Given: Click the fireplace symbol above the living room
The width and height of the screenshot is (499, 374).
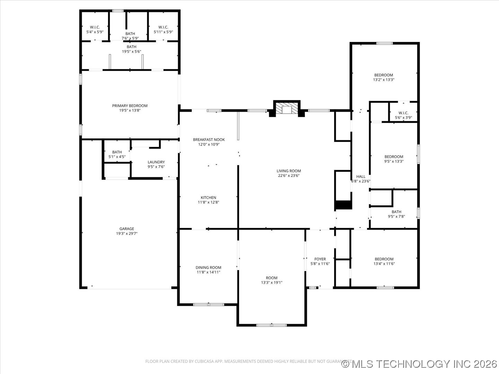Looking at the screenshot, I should pos(287,109).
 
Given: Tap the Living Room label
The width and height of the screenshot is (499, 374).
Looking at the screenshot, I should pos(289,171).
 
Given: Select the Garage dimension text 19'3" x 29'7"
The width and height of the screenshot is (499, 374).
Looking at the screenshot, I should pos(127,234).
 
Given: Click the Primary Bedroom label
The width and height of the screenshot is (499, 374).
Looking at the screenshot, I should pos(130,106).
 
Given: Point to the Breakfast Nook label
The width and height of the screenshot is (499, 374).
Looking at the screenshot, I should pos(209,140).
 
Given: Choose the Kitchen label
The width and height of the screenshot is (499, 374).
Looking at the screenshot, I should pos(208,198).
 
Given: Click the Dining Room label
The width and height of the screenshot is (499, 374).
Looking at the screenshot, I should pos(208,267).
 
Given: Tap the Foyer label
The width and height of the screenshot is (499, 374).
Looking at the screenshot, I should pos(320,259).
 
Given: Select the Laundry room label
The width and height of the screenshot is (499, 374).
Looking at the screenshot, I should pos(156,162).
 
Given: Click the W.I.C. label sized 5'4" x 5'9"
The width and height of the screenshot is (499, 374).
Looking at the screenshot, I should pos(95,27).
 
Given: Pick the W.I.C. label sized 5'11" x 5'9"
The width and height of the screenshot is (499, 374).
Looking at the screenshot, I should pos(163,27).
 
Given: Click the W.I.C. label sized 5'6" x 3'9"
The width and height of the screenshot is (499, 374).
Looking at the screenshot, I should pos(403,113).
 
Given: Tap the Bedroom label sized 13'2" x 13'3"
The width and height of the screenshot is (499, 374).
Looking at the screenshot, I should pos(384,75).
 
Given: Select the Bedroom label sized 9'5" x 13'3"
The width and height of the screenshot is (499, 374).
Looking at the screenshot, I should pos(394,157).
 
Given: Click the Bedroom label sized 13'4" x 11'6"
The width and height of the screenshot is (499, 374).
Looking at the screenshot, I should pos(384,259).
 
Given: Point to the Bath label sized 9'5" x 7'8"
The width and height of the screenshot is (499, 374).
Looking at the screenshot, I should pos(396,212).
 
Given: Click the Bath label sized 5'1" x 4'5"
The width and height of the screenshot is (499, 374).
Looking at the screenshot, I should pos(117,152).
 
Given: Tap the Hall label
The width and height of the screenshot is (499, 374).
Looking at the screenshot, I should pos(361,177).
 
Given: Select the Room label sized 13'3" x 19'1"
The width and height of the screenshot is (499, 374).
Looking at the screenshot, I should pos(272,278).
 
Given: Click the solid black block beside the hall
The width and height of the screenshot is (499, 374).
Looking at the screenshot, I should pos(343,205).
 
